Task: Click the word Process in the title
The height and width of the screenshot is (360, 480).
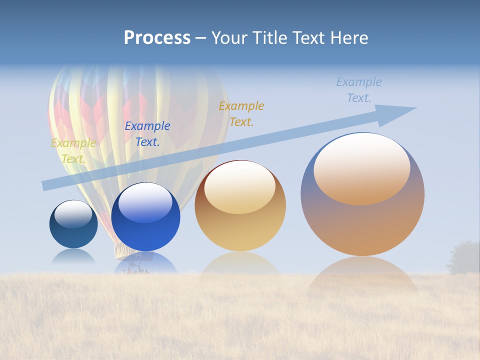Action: coord(157,38)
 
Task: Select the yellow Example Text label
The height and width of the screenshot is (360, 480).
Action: coord(73,151)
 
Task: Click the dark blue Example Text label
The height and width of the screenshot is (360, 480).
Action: coord(147,134)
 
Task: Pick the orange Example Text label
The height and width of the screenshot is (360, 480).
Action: coord(241,114)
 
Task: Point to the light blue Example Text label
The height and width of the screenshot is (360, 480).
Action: coord(358,90)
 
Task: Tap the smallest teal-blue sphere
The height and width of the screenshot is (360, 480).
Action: coord(73,232)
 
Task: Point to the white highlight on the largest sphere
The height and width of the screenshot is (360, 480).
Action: coord(361,167)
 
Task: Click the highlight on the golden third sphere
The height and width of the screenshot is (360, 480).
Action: coord(239,187)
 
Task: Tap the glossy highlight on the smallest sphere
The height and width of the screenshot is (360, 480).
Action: coord(73,214)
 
